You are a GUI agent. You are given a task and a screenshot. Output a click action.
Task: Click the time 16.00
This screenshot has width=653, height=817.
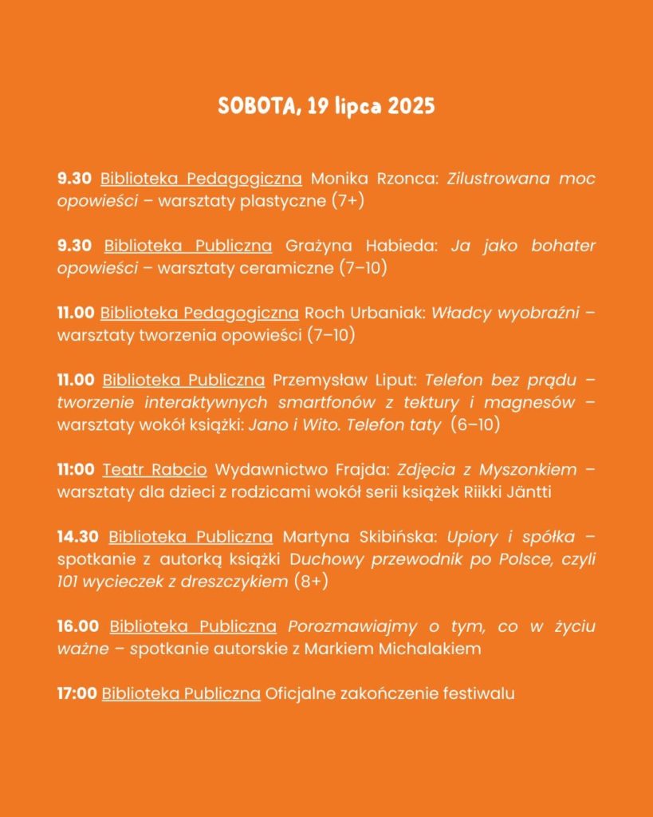point(79,626)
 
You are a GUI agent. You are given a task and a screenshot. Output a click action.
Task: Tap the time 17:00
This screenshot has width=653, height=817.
point(77,693)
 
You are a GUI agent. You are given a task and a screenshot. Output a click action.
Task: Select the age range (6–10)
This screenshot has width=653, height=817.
point(475,425)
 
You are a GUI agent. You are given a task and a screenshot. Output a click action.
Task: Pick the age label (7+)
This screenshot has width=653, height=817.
point(348,201)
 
